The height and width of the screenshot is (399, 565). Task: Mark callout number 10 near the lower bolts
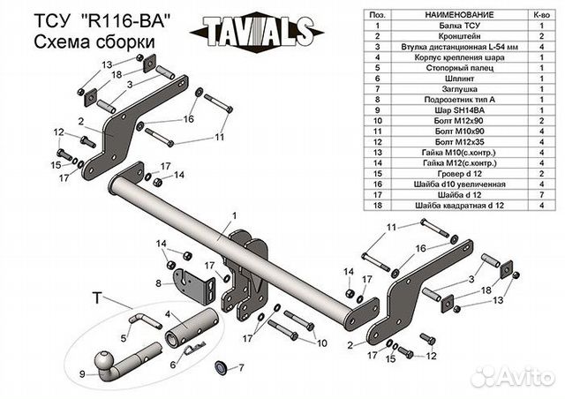(321, 343)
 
